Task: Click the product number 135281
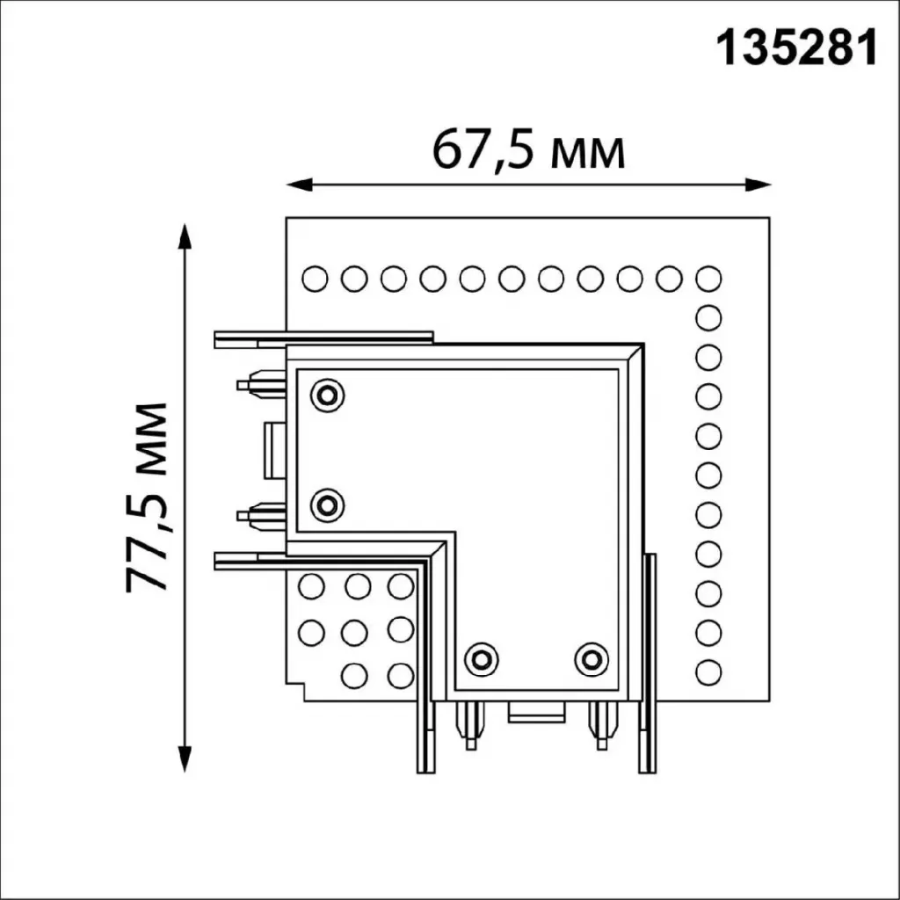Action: pos(796,47)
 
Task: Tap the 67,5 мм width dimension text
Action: pos(528,150)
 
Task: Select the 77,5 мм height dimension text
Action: pos(147,497)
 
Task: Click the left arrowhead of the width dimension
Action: pos(299,185)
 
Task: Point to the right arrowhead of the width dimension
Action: pos(758,185)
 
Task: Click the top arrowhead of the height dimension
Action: pos(185,236)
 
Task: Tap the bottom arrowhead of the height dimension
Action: pos(185,758)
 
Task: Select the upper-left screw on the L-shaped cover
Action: pos(327,395)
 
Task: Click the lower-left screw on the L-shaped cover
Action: pos(327,505)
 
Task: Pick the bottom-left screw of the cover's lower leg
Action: pos(481,659)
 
